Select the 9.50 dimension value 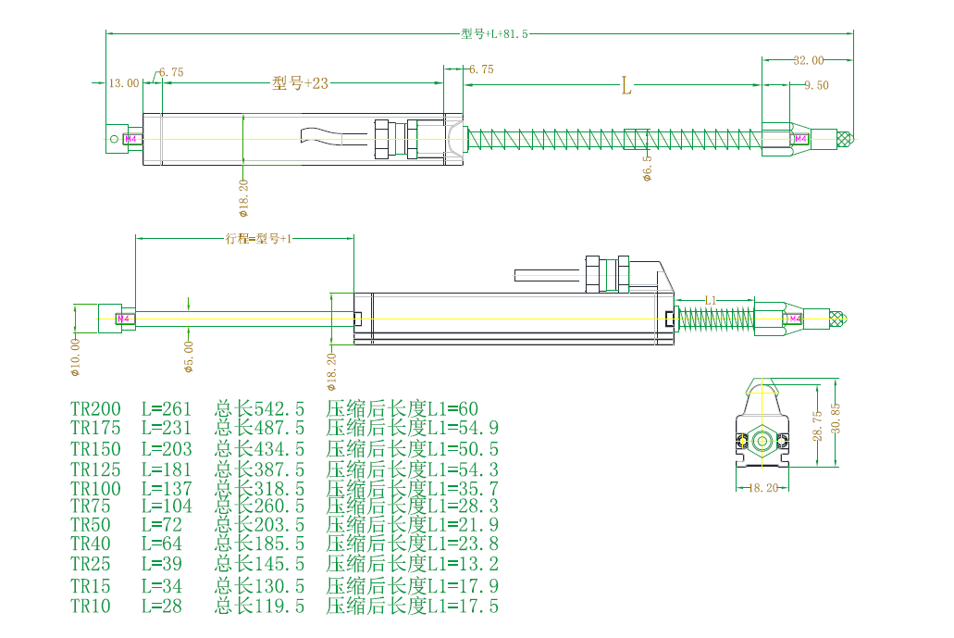pos(816,84)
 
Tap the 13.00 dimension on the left pos(124,82)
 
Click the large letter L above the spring pos(626,87)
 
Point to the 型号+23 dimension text pos(301,82)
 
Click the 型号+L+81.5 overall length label pos(494,33)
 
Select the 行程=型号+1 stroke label pos(258,238)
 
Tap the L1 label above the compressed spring pos(711,301)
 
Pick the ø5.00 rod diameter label pos(189,356)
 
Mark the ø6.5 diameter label pos(648,168)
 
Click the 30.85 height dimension pos(837,422)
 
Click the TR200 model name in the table pos(95,408)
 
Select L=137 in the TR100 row pos(167,488)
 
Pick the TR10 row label pos(90,607)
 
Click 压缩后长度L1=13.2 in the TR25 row pos(413,565)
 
